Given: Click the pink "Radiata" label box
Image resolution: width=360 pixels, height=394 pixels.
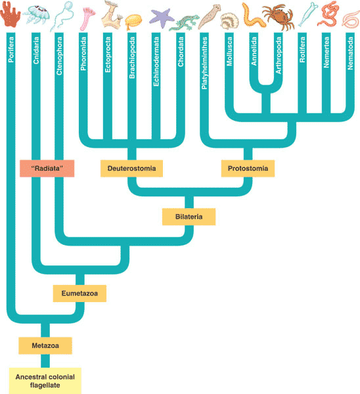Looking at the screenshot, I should click(47, 169).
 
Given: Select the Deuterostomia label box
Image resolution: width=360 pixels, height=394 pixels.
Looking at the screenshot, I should click(131, 169).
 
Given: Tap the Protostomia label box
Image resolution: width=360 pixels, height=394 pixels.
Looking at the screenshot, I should click(248, 169).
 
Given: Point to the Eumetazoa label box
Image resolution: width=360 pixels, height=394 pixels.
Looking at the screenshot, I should click(80, 293).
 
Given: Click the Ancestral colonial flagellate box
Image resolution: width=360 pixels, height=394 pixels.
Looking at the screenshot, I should click(45, 380).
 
